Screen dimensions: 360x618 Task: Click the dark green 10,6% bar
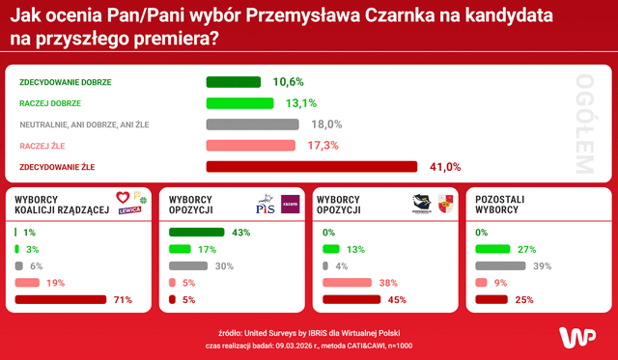coord(234,82)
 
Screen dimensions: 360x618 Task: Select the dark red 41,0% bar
coord(312,167)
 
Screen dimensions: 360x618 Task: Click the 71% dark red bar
coord(60,299)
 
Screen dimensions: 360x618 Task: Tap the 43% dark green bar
coord(196,233)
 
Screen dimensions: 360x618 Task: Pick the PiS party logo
coord(265,204)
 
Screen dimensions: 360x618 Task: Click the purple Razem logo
coord(289,203)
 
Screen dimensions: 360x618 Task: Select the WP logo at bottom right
coord(576,337)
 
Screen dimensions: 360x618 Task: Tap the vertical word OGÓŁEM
coord(582,124)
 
